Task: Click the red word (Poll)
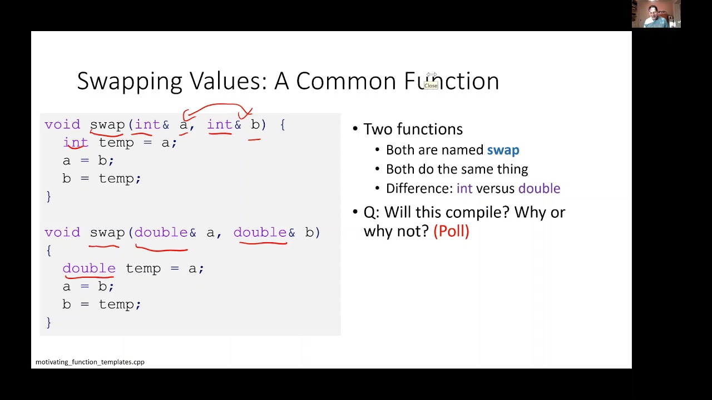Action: [x=451, y=231]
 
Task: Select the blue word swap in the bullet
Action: [x=503, y=150]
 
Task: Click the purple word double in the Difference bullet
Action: [x=539, y=189]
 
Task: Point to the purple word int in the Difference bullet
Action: [x=464, y=189]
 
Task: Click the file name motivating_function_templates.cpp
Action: [x=90, y=362]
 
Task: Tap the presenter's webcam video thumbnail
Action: [x=656, y=14]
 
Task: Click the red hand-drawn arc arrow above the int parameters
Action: [x=217, y=106]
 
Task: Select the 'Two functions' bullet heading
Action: [x=413, y=129]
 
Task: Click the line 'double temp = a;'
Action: [x=133, y=269]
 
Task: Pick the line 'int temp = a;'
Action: [x=120, y=143]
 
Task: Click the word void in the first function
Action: [x=62, y=125]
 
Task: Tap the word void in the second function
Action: [x=62, y=233]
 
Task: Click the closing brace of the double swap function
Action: [x=49, y=322]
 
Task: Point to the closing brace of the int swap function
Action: [x=49, y=196]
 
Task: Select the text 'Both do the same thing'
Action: [x=457, y=169]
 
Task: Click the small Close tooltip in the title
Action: [x=431, y=86]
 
